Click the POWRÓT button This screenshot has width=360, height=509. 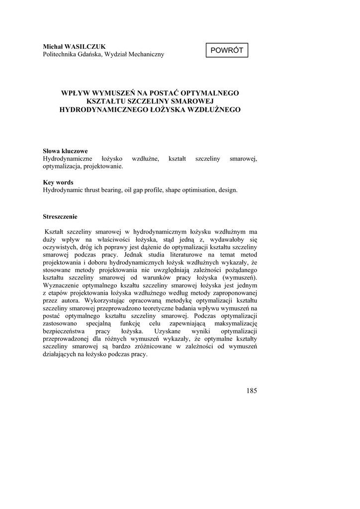(226, 51)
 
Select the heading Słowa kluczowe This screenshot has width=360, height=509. (65, 151)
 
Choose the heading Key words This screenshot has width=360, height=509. (58, 182)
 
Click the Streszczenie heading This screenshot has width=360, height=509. (60, 217)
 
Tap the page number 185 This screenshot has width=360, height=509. (251, 390)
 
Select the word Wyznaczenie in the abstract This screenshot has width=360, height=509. (63, 285)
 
